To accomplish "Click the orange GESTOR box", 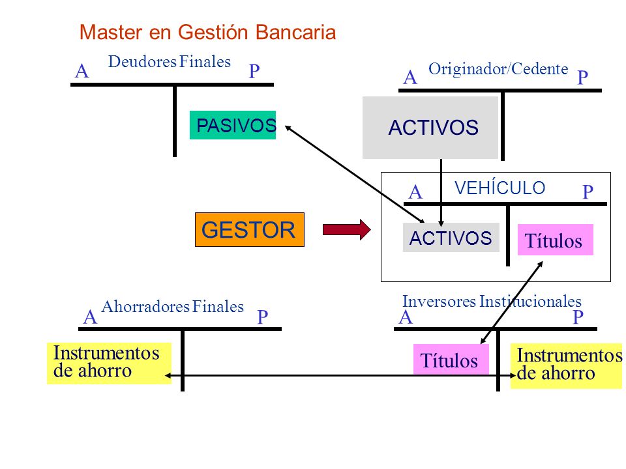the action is tap(250, 230).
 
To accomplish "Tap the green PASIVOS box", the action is tap(233, 125).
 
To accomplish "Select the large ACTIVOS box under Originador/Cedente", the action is tap(430, 128).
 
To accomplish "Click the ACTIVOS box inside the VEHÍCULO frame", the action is tap(451, 237).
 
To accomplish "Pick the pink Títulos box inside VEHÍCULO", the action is tap(556, 240).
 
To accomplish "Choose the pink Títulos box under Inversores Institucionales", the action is tap(451, 360).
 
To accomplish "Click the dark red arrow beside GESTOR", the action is tap(346, 230).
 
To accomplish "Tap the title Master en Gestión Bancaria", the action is tap(207, 33).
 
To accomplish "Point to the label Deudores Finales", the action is tap(170, 62).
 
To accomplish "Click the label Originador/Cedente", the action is tap(498, 68).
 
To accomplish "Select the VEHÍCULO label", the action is tap(500, 188).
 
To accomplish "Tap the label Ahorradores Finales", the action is tap(172, 306).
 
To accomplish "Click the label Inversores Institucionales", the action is tap(492, 301).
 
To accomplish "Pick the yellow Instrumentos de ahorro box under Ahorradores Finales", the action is tap(109, 363).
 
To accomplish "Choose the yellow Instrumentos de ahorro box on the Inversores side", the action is tap(566, 365).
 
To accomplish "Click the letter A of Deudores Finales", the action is tap(82, 72).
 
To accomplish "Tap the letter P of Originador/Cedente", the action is tap(582, 78).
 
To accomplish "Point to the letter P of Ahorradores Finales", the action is tap(262, 317).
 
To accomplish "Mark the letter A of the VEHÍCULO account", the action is tap(415, 192).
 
